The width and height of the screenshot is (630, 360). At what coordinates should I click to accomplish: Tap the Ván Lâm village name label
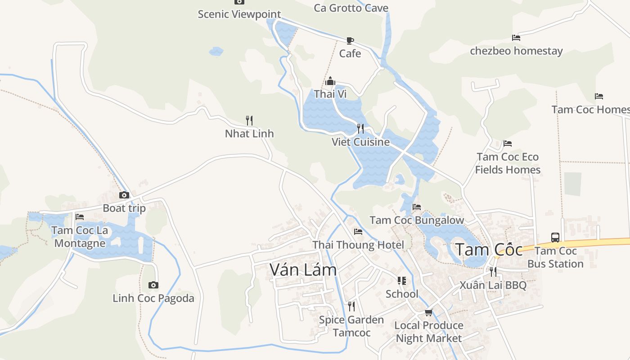point(303,270)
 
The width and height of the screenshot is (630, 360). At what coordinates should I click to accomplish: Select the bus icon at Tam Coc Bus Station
point(555,237)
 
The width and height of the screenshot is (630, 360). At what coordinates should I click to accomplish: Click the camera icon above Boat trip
point(124,195)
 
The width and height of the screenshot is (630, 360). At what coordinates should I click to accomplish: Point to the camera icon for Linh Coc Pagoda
point(153,285)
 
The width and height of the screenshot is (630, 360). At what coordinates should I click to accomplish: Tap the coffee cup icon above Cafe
point(350,40)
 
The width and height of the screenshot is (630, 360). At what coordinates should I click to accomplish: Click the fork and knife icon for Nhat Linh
point(249,120)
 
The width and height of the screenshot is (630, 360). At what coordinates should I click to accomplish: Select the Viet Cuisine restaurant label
point(360,142)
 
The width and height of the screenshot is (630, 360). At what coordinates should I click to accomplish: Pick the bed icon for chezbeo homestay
point(516,38)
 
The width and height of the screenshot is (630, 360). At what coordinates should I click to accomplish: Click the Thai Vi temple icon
point(330,81)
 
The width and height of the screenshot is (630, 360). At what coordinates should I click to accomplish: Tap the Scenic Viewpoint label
point(239,14)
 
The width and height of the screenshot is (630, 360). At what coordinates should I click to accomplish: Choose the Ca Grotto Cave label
point(351,8)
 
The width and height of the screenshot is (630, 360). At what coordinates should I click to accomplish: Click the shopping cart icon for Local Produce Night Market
point(428,312)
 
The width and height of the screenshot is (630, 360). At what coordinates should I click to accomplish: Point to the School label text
point(402,294)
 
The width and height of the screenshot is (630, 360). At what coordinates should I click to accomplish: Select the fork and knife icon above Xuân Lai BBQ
point(493,271)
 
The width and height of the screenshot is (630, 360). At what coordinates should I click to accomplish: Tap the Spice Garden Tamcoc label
point(351,326)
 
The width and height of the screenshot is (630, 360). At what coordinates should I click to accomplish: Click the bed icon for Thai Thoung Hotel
point(358,231)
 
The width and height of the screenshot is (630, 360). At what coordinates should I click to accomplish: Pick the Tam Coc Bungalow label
point(417,220)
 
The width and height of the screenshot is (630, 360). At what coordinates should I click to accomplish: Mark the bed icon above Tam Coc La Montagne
point(80,216)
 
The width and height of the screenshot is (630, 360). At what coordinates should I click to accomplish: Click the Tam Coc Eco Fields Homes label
point(508,163)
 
